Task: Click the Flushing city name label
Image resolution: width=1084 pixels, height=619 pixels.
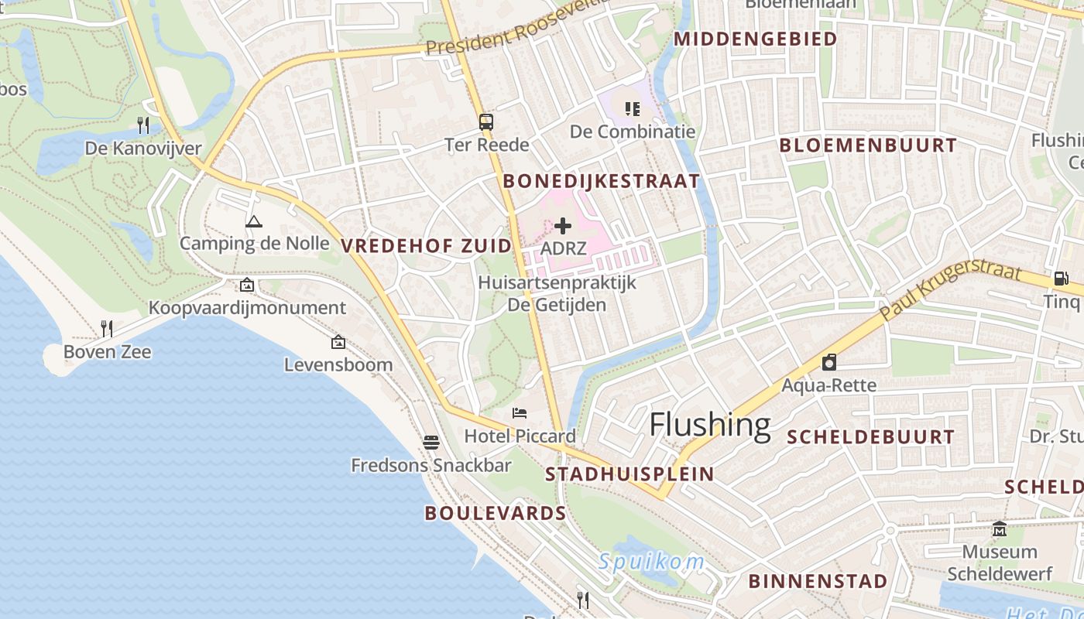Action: (x=709, y=425)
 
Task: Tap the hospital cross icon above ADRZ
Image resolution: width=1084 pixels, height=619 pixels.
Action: (x=563, y=226)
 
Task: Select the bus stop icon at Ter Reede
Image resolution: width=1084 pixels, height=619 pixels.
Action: (x=486, y=122)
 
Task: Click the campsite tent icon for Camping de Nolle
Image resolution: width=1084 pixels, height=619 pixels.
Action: (x=253, y=222)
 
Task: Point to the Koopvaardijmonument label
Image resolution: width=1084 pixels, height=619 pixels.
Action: (x=247, y=308)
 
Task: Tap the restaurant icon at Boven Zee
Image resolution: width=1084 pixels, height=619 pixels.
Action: (x=107, y=329)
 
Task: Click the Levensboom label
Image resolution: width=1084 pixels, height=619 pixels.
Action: (x=338, y=364)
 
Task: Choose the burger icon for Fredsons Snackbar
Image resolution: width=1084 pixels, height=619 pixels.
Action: (x=431, y=443)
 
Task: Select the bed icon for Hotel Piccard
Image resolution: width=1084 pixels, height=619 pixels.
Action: (x=520, y=413)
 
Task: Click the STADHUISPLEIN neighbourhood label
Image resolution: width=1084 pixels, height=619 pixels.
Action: (x=629, y=474)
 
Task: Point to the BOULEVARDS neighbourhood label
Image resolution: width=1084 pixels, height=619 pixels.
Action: (x=496, y=513)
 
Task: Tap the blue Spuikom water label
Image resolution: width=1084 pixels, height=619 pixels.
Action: (x=651, y=563)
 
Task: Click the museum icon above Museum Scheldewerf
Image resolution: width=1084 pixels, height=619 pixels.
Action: (x=1000, y=529)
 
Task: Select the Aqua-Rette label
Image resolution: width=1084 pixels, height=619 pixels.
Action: (x=828, y=385)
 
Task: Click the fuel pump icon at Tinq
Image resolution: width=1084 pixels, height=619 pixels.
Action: (x=1061, y=279)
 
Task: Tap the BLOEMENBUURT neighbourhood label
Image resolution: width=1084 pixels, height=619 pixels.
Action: (x=868, y=145)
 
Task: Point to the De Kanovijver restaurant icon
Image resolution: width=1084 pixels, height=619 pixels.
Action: (x=143, y=125)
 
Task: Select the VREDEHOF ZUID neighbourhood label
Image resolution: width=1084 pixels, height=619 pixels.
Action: (x=427, y=246)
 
